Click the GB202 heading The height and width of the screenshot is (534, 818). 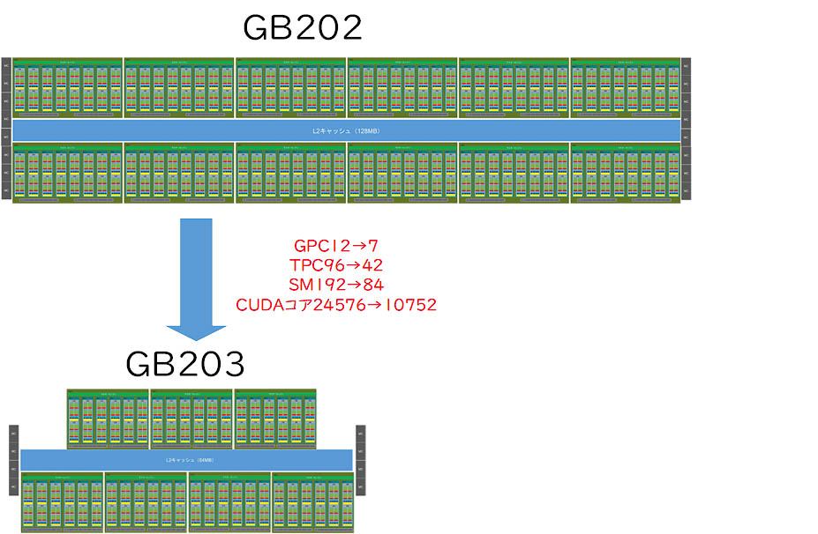[302, 28]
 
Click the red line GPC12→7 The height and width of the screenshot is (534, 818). [335, 245]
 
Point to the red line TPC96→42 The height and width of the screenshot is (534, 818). [335, 264]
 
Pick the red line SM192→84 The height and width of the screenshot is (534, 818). [335, 285]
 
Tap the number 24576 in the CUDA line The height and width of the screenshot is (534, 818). [333, 305]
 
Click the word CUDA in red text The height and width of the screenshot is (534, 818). [256, 305]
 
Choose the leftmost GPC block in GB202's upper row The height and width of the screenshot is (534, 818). [67, 87]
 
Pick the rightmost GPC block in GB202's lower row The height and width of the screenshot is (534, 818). [625, 172]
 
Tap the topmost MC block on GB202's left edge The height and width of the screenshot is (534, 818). [5, 64]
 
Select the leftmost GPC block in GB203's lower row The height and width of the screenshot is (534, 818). [62, 502]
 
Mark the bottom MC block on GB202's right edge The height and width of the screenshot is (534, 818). [686, 189]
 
